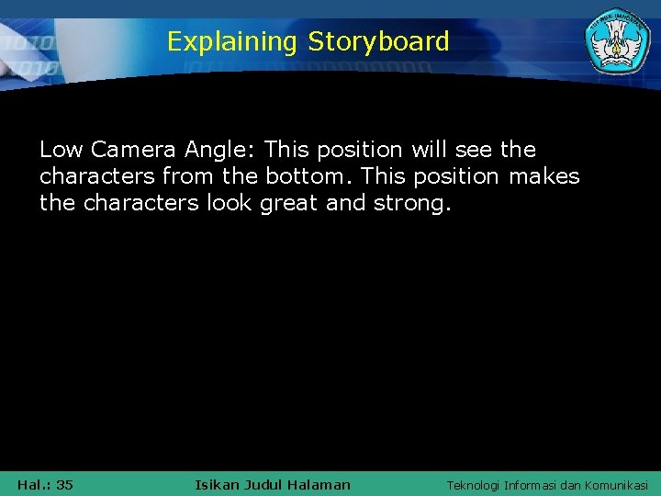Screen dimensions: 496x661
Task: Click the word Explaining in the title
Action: point(232,42)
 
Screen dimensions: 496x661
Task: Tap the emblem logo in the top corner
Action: point(617,42)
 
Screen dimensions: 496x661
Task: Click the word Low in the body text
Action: point(62,150)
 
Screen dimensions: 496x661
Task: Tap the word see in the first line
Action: point(476,150)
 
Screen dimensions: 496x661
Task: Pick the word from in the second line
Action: point(189,176)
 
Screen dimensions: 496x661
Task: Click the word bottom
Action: point(304,176)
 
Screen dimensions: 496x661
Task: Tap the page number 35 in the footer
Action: point(64,485)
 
